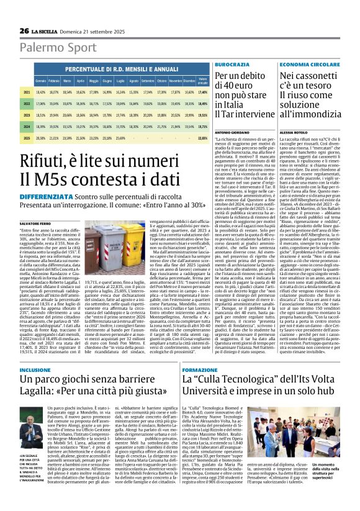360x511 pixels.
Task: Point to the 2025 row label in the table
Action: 27,138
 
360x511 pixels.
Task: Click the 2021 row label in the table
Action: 27,91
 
